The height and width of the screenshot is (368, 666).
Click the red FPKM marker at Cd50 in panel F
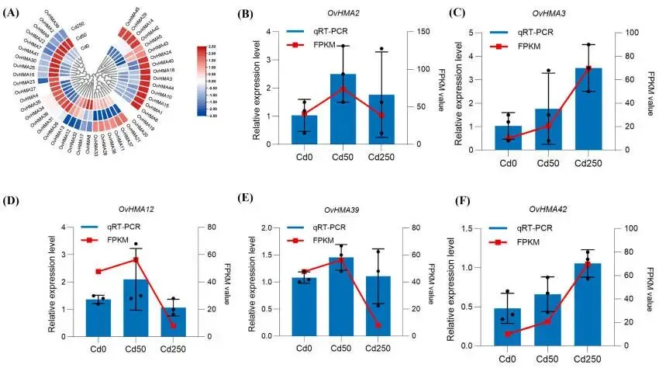click(x=547, y=321)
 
